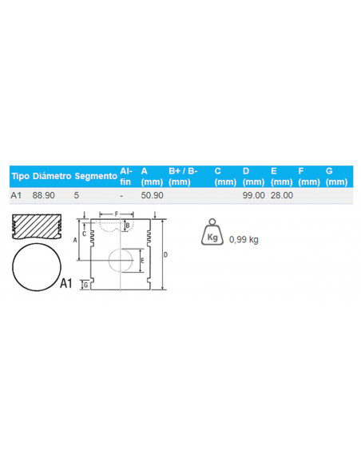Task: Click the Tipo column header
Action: (21, 176)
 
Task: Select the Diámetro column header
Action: (52, 176)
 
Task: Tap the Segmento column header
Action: (96, 176)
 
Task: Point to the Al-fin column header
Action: (126, 176)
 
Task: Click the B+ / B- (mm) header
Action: (183, 176)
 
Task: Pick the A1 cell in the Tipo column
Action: (16, 195)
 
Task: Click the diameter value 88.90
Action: (43, 195)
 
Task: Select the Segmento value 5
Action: (77, 195)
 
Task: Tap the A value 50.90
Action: (152, 195)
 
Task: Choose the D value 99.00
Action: (254, 195)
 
